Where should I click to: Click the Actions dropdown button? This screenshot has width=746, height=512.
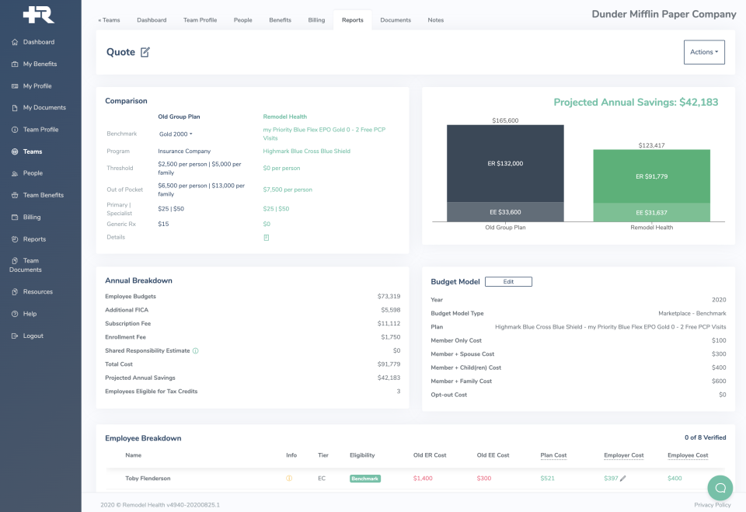point(703,52)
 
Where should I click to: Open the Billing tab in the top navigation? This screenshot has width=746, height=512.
point(316,20)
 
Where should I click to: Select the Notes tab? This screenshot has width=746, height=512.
point(436,20)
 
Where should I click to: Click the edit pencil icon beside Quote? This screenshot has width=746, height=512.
point(145,52)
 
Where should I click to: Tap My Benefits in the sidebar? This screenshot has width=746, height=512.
point(40,64)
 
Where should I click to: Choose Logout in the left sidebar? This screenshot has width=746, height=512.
point(33,336)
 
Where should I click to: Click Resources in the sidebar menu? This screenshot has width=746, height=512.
point(38,292)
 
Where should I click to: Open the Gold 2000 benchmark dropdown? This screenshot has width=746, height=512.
point(176,134)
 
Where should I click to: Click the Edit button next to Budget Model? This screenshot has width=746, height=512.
point(508,281)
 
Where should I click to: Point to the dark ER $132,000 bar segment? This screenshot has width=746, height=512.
point(504,163)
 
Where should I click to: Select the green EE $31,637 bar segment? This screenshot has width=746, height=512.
point(651,212)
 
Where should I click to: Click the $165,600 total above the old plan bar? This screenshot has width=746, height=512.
point(504,120)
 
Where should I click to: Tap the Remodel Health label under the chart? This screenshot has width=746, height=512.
point(651,228)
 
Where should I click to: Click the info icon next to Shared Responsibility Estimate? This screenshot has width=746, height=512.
point(195,350)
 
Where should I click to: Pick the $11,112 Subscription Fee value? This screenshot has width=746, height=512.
point(389,323)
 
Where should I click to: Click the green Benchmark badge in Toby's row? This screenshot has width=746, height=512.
point(364,479)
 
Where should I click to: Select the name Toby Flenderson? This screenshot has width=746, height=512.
point(148,479)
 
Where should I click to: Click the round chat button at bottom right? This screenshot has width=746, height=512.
point(720,488)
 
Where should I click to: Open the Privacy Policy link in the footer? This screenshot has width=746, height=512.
point(712,505)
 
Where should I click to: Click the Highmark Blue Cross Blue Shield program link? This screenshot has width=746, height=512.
point(306,152)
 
